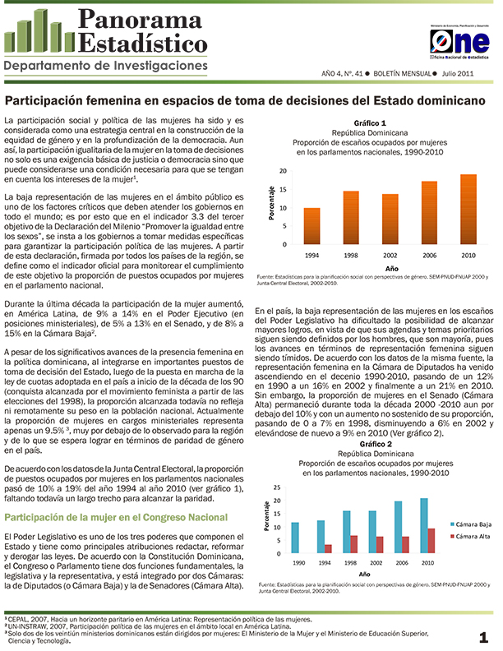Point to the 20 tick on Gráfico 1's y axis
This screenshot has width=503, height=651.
click(284, 171)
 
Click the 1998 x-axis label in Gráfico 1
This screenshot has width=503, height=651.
click(351, 255)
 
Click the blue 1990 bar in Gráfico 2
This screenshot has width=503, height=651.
click(295, 538)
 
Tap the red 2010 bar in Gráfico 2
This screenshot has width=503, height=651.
click(431, 541)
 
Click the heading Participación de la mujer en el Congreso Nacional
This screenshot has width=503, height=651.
click(116, 517)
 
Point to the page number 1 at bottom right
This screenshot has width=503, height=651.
click(484, 636)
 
